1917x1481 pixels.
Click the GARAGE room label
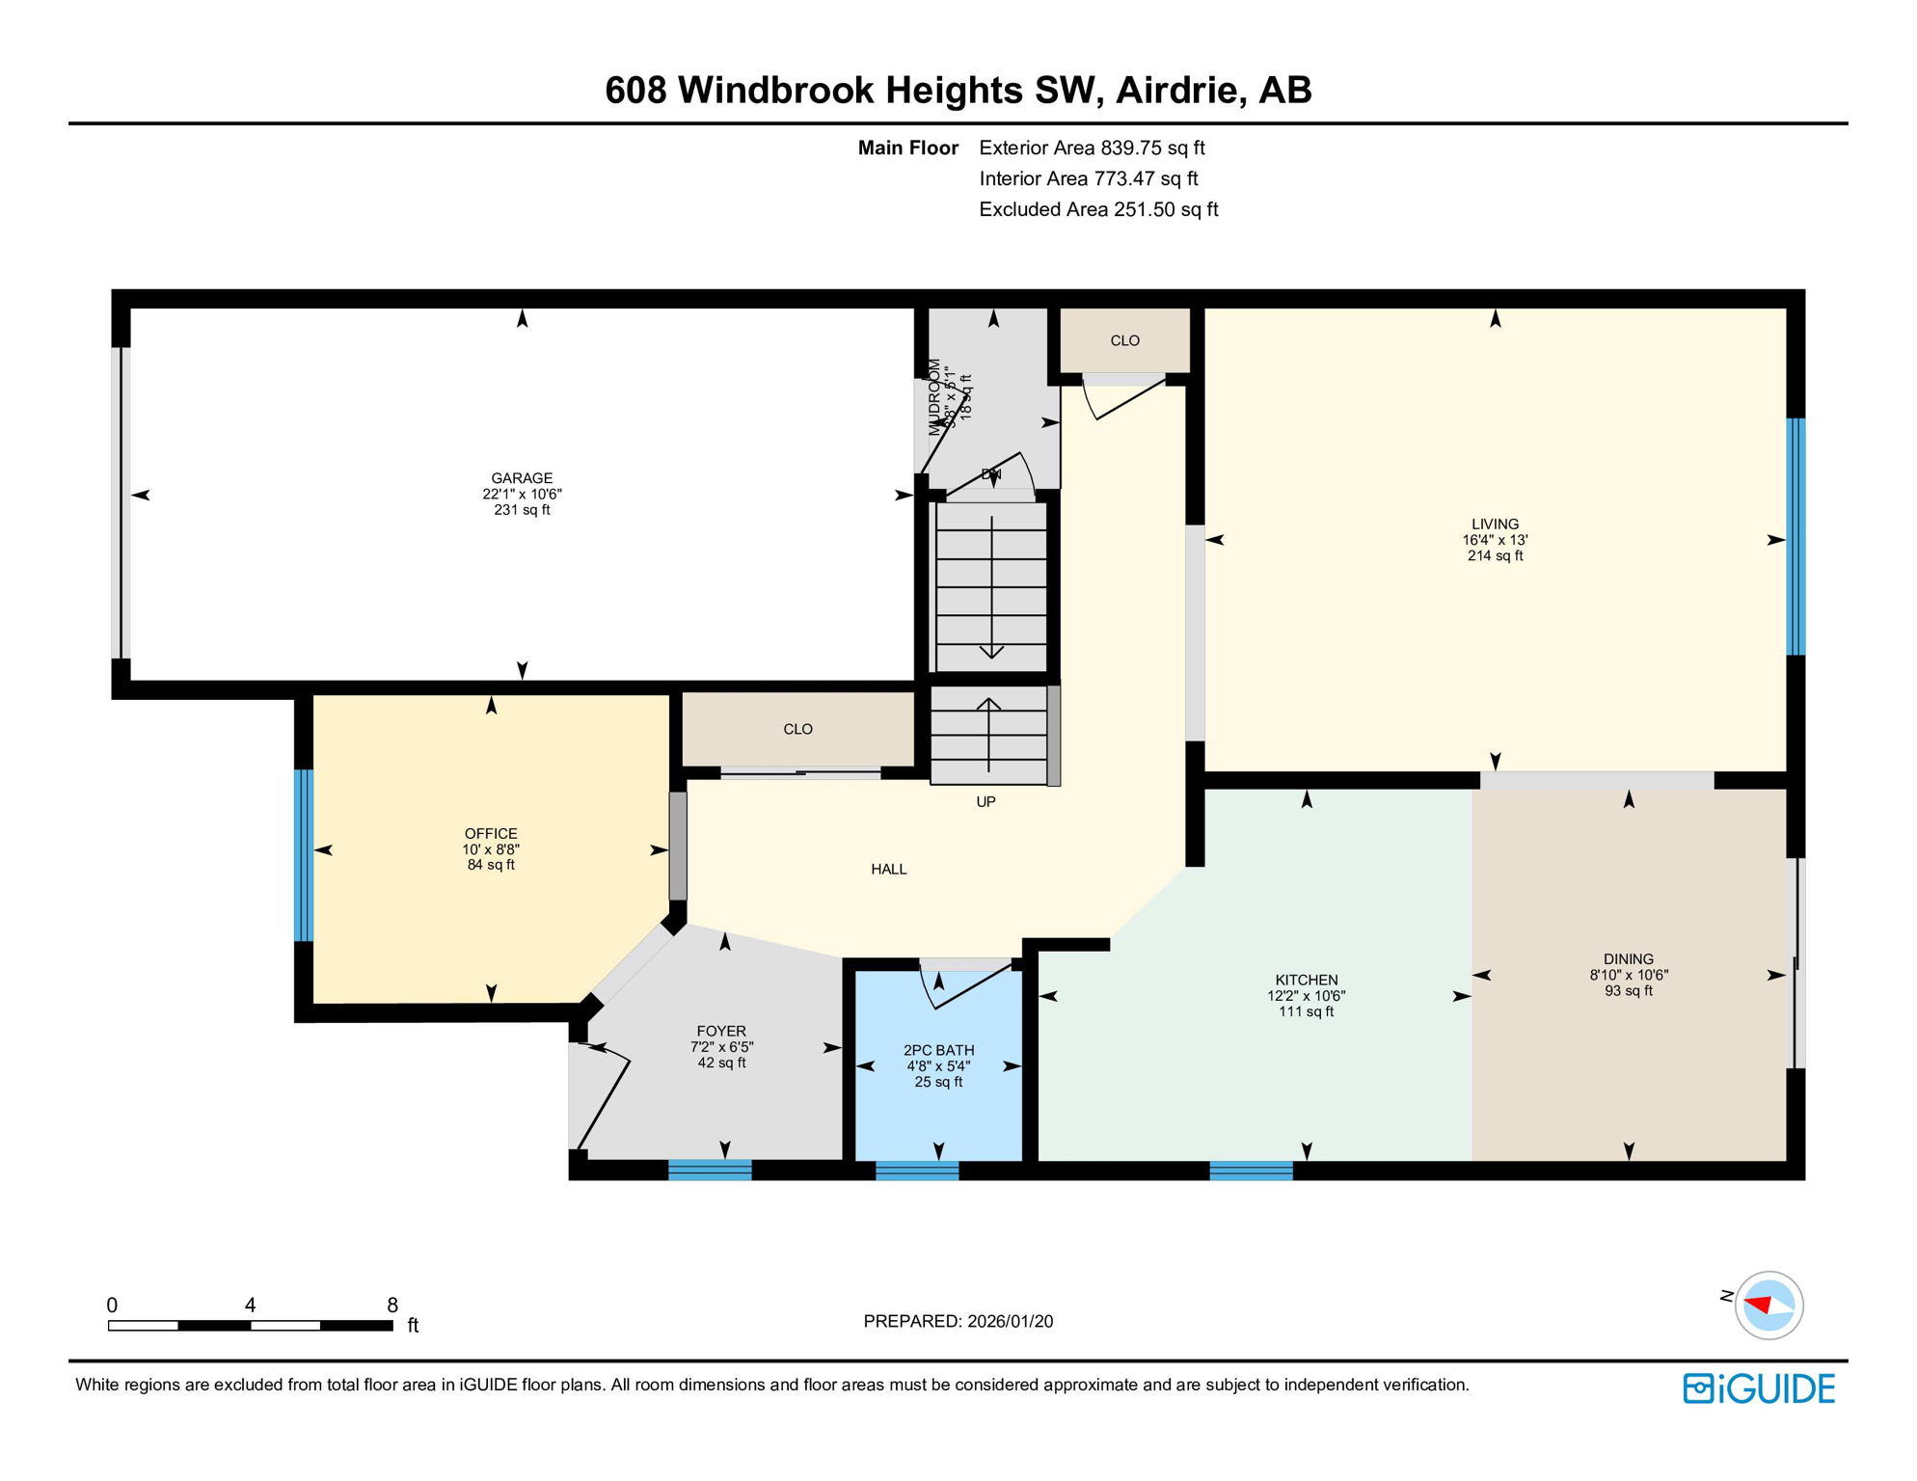tap(522, 478)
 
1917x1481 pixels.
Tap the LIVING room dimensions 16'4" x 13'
tap(1495, 540)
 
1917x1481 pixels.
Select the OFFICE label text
tap(491, 834)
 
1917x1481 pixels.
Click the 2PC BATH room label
tap(938, 1050)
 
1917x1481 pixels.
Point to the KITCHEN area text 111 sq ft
tap(1306, 1011)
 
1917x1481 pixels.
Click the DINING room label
tap(1628, 958)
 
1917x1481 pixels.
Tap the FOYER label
tap(721, 1031)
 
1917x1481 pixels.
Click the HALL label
tap(888, 869)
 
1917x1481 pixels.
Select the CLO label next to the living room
tap(1124, 340)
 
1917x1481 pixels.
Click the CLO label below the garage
tap(797, 729)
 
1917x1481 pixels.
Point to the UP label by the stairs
tap(985, 801)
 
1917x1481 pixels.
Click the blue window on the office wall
tap(303, 854)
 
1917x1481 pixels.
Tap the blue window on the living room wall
tap(1795, 536)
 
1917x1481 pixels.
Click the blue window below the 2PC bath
tap(916, 1171)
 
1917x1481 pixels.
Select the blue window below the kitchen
tap(1251, 1171)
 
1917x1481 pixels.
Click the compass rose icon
tap(1768, 1306)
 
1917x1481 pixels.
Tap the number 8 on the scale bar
tap(392, 1305)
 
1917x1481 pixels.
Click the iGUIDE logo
tap(1759, 1388)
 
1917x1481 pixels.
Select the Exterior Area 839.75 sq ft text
tap(1092, 148)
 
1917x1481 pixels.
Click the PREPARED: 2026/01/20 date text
tap(958, 1321)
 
